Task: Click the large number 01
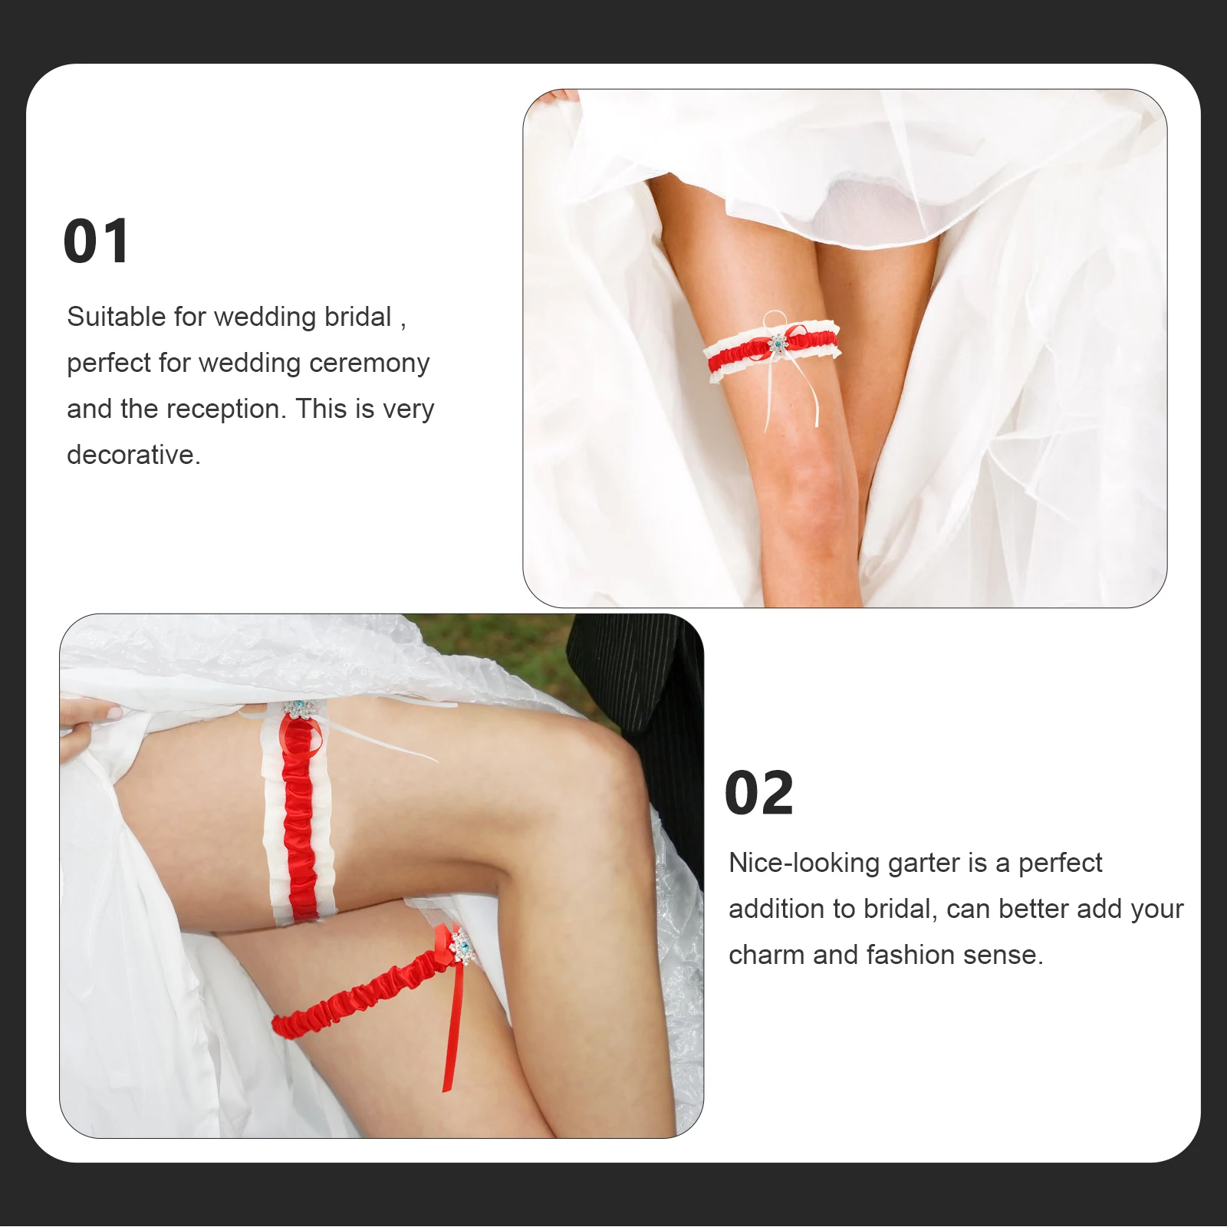[97, 242]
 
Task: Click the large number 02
[758, 793]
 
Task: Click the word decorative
[133, 455]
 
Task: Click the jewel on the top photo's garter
[778, 344]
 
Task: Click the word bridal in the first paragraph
[357, 317]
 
